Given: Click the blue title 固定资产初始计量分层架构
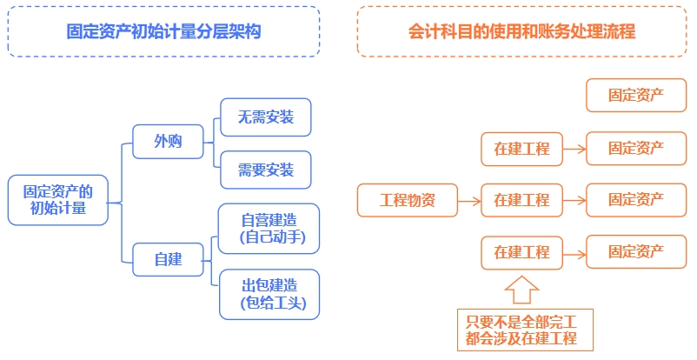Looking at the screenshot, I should pyautogui.click(x=164, y=31).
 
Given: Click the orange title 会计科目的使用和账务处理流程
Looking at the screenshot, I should pyautogui.click(x=521, y=31).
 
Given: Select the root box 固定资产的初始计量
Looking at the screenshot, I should pyautogui.click(x=59, y=200).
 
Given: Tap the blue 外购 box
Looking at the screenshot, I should pyautogui.click(x=168, y=142).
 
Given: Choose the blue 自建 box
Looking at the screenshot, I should pyautogui.click(x=168, y=258).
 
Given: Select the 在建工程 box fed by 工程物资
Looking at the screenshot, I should pyautogui.click(x=521, y=200).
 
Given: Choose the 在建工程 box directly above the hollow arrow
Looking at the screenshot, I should pyautogui.click(x=521, y=252).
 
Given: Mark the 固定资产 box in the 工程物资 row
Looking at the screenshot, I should pyautogui.click(x=636, y=200).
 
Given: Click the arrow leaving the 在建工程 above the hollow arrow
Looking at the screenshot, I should pyautogui.click(x=574, y=252).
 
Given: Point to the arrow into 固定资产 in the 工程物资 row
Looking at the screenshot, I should pyautogui.click(x=574, y=200).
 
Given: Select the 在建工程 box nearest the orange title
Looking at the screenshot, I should pyautogui.click(x=521, y=149).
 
